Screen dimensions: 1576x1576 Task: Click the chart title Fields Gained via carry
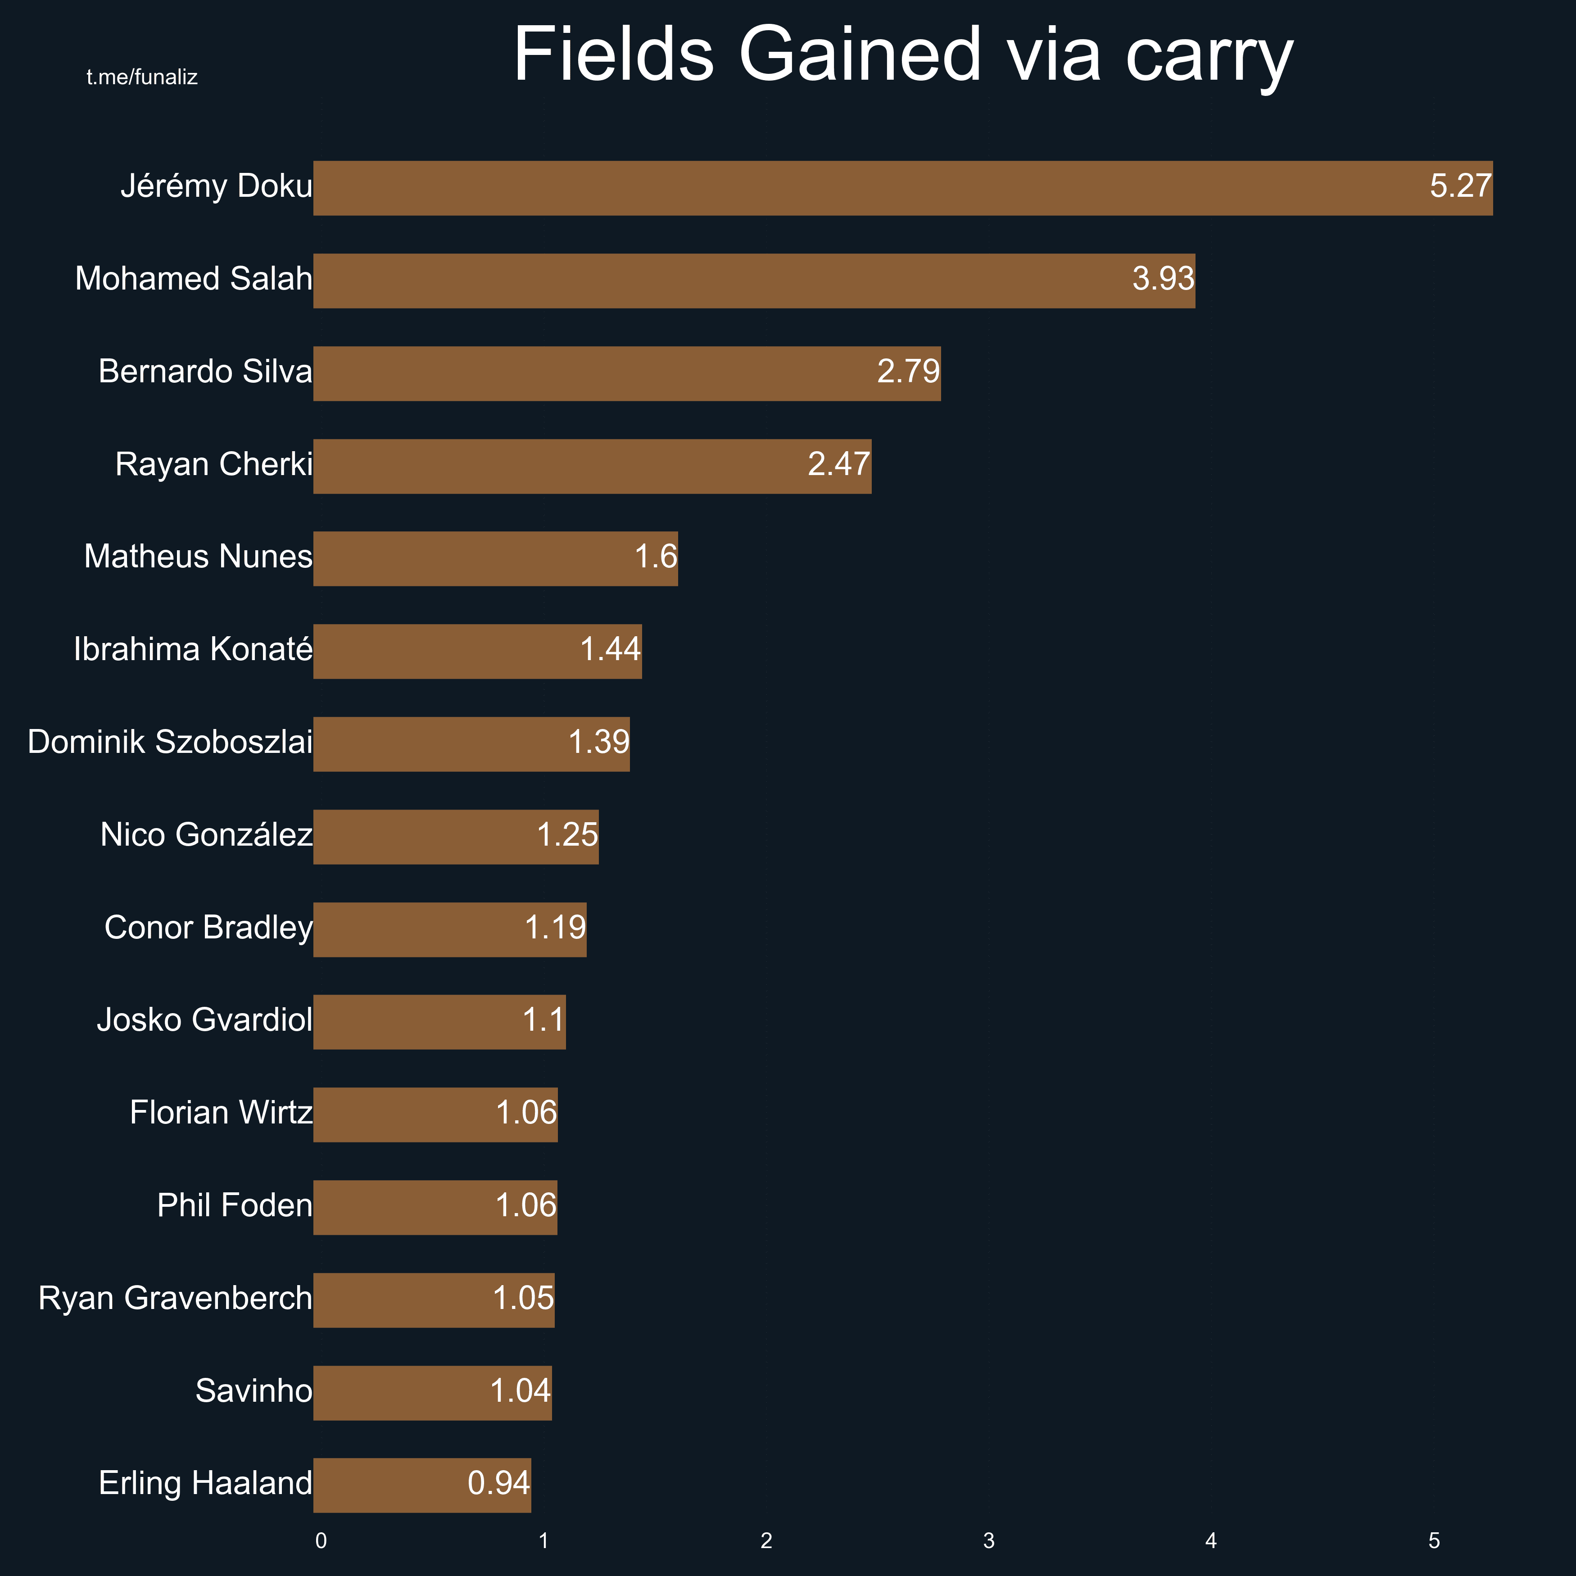click(x=903, y=55)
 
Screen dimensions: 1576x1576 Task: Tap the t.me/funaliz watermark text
click(x=142, y=77)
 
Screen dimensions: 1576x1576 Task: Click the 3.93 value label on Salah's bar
click(x=1163, y=279)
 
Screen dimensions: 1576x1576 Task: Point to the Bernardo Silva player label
click(x=205, y=372)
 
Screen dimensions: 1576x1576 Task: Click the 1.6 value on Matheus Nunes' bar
click(x=656, y=557)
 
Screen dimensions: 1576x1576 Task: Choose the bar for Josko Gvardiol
click(x=439, y=1022)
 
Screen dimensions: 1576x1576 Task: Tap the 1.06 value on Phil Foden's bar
click(x=526, y=1206)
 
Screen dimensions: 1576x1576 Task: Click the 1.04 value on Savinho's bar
click(x=521, y=1391)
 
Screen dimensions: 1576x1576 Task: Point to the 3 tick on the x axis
click(x=989, y=1541)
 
